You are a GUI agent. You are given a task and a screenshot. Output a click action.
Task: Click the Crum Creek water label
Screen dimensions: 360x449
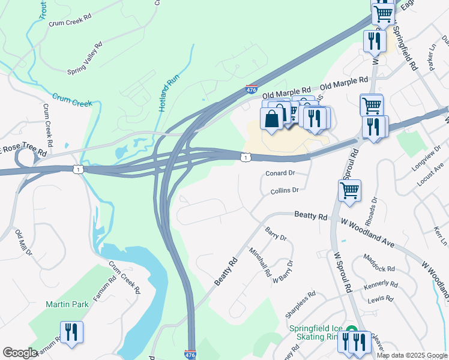click(72, 100)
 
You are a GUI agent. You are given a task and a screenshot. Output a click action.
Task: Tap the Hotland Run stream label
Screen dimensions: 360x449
click(166, 93)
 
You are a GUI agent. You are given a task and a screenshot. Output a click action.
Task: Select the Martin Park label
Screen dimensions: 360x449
click(67, 304)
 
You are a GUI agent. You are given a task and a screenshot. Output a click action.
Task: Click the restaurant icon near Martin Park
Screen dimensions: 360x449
click(71, 332)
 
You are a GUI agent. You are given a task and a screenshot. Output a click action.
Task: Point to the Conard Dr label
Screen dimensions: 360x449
click(280, 173)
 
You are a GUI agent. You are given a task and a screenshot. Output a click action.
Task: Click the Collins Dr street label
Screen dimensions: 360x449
click(285, 190)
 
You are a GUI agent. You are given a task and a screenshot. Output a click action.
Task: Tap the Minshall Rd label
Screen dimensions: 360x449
click(260, 262)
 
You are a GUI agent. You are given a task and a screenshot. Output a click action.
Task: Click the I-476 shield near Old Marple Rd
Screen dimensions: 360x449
click(252, 89)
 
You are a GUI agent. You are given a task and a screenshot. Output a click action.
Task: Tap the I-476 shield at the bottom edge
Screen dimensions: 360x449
click(190, 355)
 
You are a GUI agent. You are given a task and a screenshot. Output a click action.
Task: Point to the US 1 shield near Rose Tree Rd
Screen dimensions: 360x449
click(77, 170)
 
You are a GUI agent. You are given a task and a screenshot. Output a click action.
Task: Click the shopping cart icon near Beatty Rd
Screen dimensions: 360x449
click(349, 191)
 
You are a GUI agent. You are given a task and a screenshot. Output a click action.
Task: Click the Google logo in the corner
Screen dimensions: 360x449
click(19, 353)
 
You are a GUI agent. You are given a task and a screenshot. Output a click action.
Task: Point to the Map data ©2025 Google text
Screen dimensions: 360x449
click(412, 355)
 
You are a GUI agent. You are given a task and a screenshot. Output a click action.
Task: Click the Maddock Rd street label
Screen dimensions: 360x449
click(379, 263)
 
